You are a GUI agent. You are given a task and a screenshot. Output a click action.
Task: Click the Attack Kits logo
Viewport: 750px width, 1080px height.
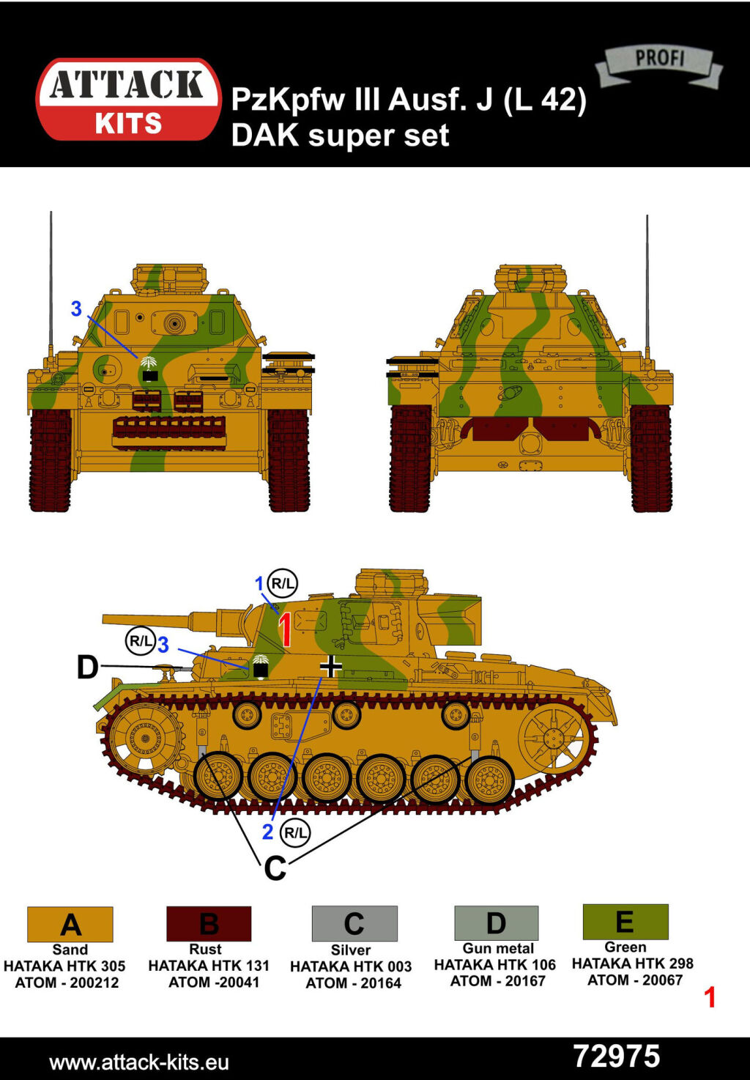tap(128, 100)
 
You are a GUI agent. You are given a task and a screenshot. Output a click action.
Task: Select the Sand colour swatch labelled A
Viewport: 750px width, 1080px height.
tap(70, 924)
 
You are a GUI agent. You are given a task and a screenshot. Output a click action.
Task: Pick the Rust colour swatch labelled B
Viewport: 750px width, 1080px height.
tap(209, 923)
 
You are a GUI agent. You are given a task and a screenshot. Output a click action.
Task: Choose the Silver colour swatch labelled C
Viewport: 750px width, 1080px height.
tap(354, 923)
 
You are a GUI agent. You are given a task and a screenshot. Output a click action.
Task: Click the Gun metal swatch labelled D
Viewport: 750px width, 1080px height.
tap(497, 922)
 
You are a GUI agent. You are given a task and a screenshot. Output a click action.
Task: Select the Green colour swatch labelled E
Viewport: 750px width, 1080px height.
tap(625, 922)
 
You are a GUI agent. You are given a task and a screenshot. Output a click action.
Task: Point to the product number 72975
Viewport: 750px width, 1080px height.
tap(617, 1057)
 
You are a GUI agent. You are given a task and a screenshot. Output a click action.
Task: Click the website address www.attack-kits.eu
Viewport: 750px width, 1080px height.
tap(139, 1062)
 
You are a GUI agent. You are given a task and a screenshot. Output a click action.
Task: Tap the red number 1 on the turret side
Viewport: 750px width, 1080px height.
tap(286, 629)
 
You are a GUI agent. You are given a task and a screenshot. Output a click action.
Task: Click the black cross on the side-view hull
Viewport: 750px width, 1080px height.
tap(331, 666)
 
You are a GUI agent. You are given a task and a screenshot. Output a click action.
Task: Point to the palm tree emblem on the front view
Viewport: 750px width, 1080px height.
tap(149, 369)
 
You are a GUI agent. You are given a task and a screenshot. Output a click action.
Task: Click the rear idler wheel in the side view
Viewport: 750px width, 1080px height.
tap(553, 738)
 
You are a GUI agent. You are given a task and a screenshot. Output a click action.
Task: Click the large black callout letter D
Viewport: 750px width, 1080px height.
tap(87, 668)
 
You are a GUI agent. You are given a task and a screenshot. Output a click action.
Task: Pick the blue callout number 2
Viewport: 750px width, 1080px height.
tap(267, 832)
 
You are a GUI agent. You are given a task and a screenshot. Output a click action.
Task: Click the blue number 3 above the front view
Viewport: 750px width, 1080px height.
tap(76, 309)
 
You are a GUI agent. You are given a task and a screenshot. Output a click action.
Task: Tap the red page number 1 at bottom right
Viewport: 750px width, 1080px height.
tap(710, 997)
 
